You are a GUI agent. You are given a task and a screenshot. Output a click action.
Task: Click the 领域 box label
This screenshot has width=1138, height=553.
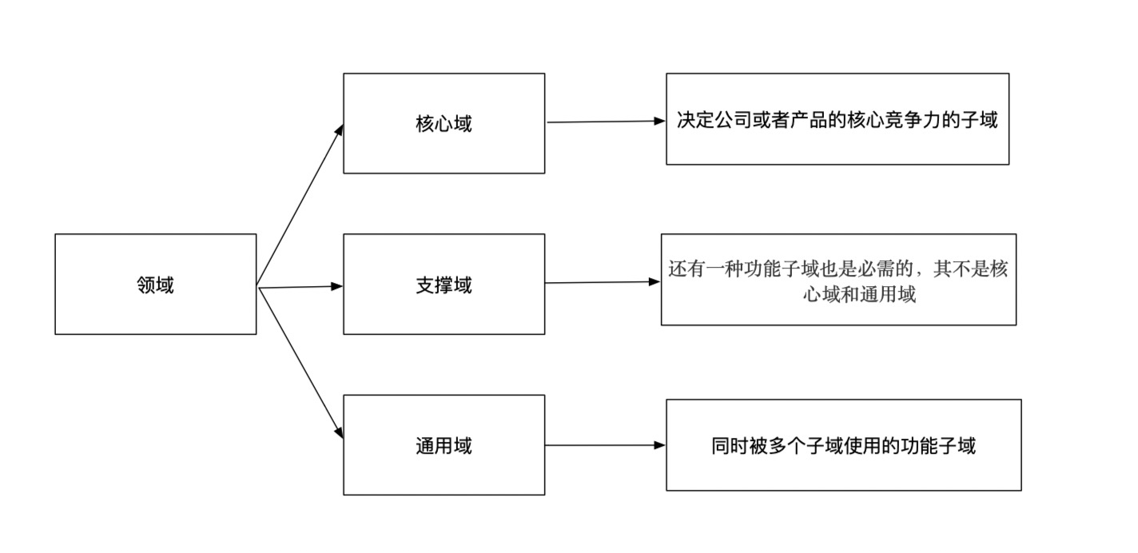[155, 285]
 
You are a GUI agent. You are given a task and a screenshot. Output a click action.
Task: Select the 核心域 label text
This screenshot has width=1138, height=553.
[444, 124]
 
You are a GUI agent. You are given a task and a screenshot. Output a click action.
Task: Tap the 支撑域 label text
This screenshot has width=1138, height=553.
[444, 285]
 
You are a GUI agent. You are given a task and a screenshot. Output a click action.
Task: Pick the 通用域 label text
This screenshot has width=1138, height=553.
[444, 445]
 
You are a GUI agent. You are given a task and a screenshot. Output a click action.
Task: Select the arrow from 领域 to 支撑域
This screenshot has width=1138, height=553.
[300, 286]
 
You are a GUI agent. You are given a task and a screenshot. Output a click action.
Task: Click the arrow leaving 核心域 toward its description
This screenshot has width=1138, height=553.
[605, 121]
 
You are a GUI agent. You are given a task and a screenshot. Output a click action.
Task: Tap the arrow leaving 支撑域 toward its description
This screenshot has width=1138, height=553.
[603, 282]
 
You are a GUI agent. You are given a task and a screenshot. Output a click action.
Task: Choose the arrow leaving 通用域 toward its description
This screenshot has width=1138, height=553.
[605, 445]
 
